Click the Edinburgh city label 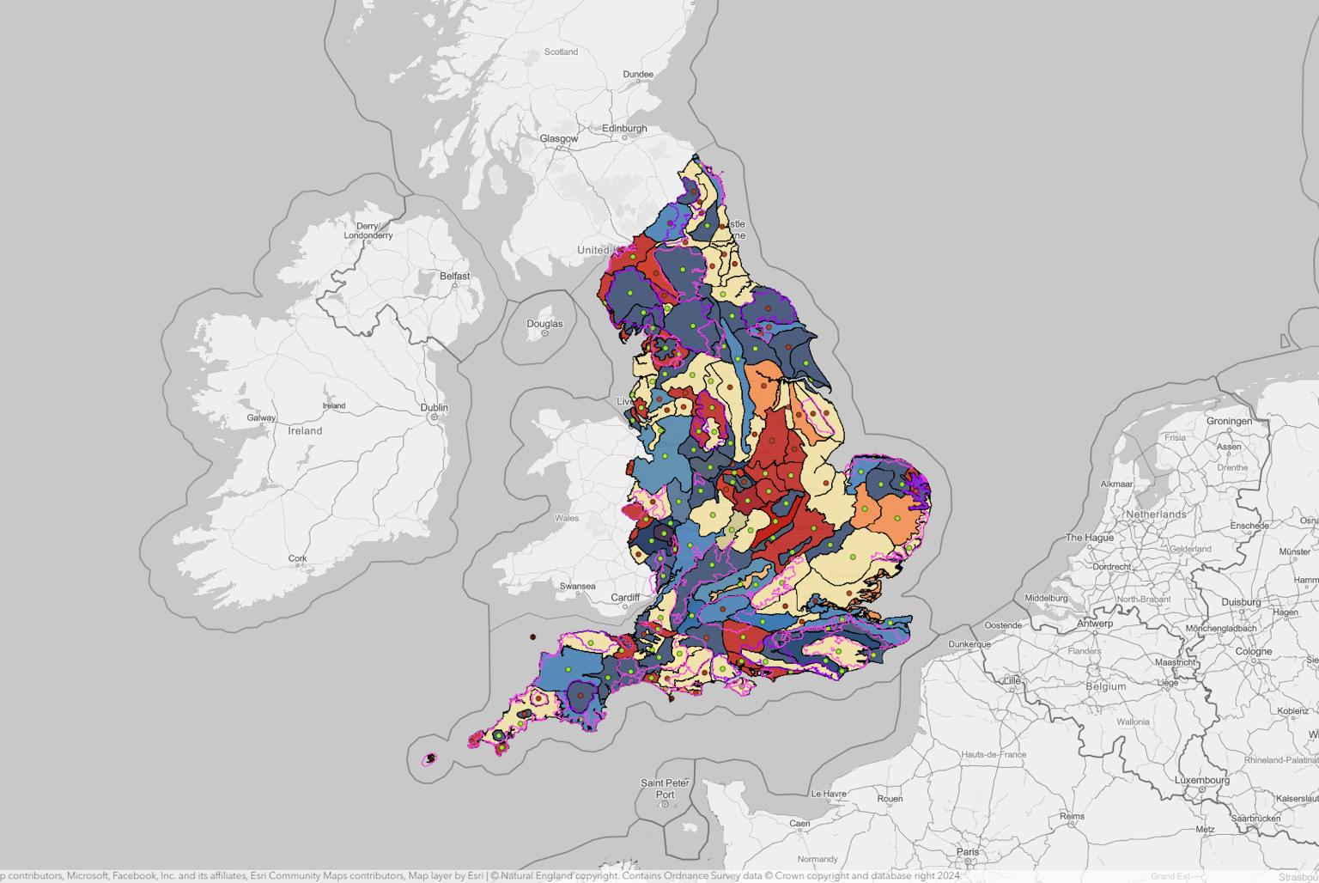click(624, 129)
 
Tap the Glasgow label click(558, 138)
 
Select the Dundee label click(638, 75)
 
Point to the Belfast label click(454, 276)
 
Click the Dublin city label click(434, 407)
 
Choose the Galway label click(261, 418)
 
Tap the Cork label click(297, 558)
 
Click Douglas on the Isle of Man click(544, 324)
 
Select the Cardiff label click(625, 598)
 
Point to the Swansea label click(577, 587)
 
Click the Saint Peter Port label click(665, 789)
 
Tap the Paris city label click(968, 852)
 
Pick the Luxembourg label click(1202, 780)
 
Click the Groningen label click(1229, 421)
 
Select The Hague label click(1089, 538)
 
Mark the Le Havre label click(829, 794)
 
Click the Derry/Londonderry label click(368, 231)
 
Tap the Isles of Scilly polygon click(430, 758)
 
